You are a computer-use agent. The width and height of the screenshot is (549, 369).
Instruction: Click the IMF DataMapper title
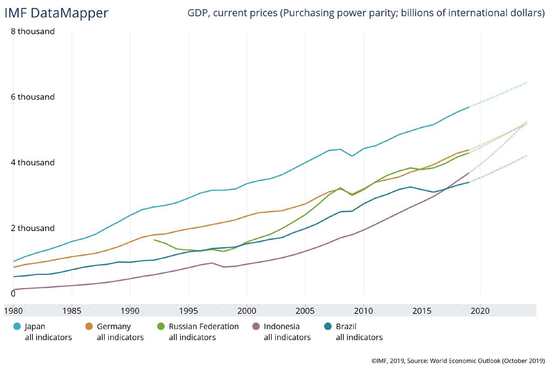(56, 13)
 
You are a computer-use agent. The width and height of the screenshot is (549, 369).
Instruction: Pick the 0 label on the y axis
(13, 293)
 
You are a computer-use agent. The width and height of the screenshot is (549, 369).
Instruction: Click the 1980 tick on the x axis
(13, 310)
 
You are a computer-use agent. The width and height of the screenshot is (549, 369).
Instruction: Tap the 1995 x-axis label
(188, 310)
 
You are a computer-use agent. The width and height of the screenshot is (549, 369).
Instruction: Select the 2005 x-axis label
(305, 310)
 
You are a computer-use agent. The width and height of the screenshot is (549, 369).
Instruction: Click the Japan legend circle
(17, 326)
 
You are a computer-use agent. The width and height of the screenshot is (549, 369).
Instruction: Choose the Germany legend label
(113, 327)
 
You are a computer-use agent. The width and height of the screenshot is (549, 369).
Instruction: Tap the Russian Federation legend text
(204, 327)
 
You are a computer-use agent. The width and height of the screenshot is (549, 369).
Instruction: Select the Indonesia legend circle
(256, 326)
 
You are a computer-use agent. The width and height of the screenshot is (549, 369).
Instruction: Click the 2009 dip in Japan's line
(352, 156)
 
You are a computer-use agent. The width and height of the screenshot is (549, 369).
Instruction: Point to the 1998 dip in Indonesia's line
(224, 267)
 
